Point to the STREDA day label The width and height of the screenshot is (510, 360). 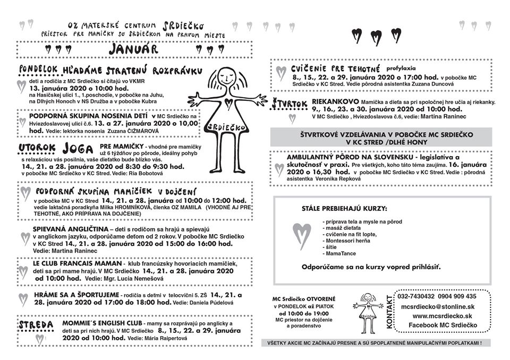click(36, 324)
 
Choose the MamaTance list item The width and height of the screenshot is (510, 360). click(338, 254)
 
